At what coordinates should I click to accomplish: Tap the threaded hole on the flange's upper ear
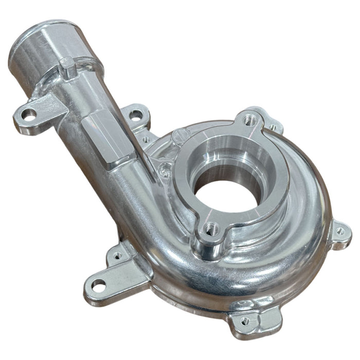point(250,119)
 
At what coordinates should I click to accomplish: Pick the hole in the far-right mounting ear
point(340,231)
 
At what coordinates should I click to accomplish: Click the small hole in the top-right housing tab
point(273,127)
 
